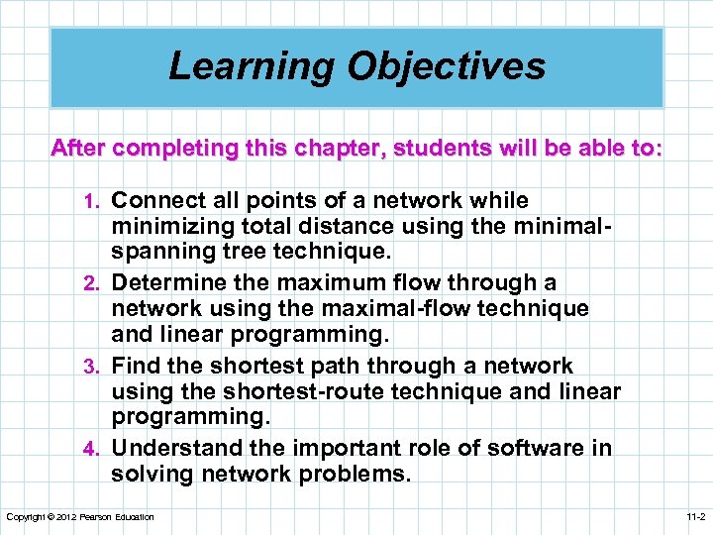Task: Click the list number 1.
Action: click(97, 201)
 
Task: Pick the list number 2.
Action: click(96, 284)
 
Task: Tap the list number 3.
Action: click(96, 367)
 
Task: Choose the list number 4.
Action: click(96, 449)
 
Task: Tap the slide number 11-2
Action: click(695, 517)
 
